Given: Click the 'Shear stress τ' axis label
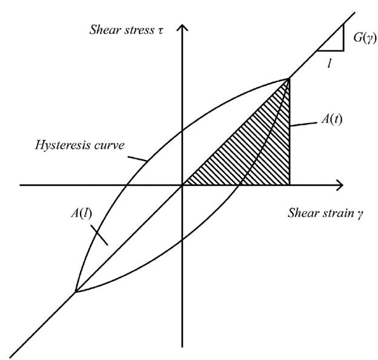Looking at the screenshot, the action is [127, 30].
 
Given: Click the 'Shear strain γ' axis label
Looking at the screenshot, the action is [325, 213].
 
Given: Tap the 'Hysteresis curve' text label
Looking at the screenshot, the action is [80, 145].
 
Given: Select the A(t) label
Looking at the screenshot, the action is [332, 119].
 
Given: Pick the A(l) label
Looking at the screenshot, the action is [82, 213].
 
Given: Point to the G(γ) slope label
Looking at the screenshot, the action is [365, 38].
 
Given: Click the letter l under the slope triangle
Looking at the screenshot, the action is [330, 64].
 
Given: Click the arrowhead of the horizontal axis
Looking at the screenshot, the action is [340, 185].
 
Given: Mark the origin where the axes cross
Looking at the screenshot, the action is [182, 185].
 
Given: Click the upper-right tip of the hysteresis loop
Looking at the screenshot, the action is [289, 78].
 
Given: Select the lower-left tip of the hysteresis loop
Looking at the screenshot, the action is [76, 292].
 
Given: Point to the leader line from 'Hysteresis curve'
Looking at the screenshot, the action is [138, 159].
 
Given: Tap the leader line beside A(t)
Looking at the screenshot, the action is [303, 124].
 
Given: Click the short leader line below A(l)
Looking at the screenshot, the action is [99, 235].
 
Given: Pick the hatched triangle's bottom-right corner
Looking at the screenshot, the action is [290, 185].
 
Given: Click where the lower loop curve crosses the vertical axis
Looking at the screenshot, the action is [182, 239].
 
